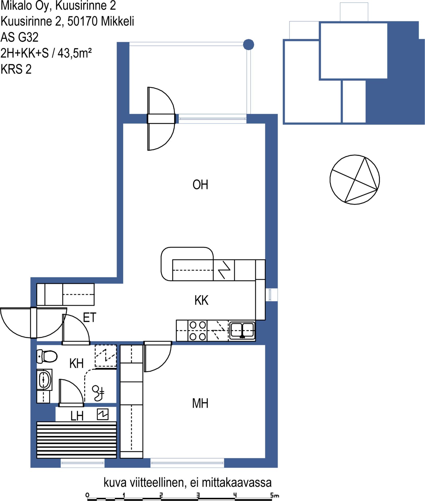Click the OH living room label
pos(200,184)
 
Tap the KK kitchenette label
pos(201,300)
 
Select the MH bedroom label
pos(200,403)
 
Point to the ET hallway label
pos(90,318)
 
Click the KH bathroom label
pos(76,363)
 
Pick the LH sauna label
pos(77,416)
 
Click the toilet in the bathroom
pos(47,356)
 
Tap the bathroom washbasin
pos(44,380)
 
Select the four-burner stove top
pos(198,331)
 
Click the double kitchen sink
pos(242,330)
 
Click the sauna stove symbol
pos(103,414)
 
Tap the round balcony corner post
pos(249,45)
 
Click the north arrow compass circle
pos(355,180)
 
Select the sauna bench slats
pos(76,440)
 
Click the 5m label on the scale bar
pos(275,495)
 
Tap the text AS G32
pos(20,37)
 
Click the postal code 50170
pos(83,21)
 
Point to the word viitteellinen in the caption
pos(158,482)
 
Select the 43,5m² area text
pos(75,53)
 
